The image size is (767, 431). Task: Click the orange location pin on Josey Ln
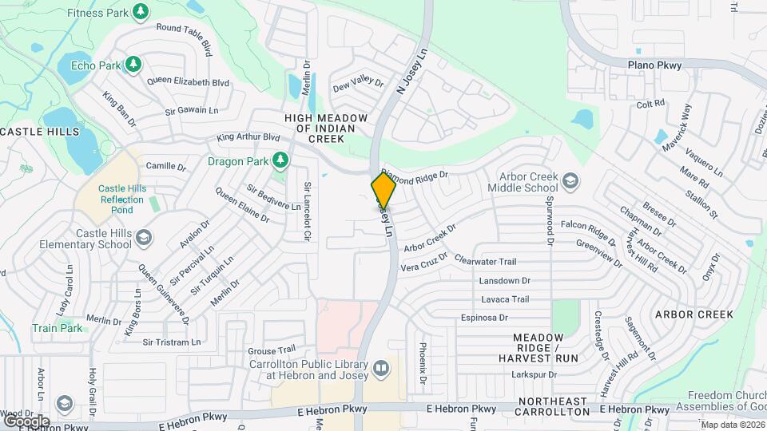click(383, 190)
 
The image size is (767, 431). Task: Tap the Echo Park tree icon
click(133, 64)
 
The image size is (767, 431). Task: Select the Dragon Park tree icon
click(280, 161)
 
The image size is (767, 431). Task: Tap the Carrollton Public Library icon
click(380, 368)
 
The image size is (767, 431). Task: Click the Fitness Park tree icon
click(141, 12)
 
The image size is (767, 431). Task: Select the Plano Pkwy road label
click(654, 65)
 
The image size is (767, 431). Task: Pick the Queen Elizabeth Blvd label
click(189, 82)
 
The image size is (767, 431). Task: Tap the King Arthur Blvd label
click(251, 137)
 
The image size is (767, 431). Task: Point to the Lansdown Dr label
click(505, 281)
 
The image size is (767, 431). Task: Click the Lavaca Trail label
click(505, 299)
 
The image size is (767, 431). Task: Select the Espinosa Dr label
click(484, 318)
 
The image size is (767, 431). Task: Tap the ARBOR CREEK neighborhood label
click(693, 314)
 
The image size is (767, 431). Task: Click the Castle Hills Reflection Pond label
click(116, 198)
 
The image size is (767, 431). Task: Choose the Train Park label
click(57, 328)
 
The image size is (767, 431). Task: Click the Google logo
click(26, 421)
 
